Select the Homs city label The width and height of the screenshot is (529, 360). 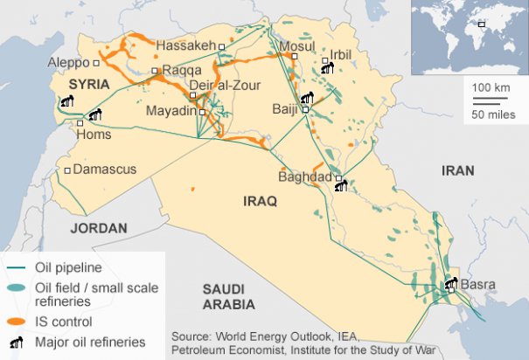tap(94, 135)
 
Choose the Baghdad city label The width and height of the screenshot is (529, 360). tap(304, 177)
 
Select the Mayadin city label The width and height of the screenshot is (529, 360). tap(171, 112)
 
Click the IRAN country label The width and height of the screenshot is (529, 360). tap(457, 171)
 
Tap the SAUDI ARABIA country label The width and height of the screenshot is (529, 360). tap(228, 296)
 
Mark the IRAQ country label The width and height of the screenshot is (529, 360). tap(260, 202)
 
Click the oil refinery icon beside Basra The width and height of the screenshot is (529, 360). tap(450, 283)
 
